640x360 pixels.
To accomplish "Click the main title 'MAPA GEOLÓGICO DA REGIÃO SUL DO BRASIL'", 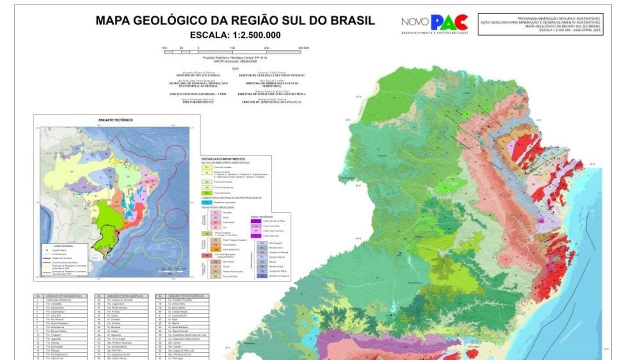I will pos(235,21).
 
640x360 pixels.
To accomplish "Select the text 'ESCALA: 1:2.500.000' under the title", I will pos(235,35).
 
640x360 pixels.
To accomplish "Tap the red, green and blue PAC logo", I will pos(449,22).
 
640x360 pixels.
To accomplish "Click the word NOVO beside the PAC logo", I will pos(414,22).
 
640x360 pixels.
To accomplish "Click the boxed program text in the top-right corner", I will pos(540,24).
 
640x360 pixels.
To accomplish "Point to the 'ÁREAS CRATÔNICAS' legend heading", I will pos(263,215).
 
